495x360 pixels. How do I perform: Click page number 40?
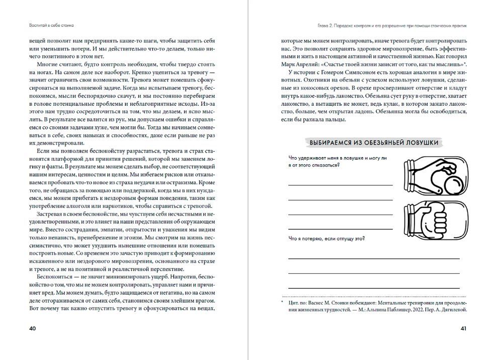(32, 328)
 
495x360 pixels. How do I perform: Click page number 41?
(463, 328)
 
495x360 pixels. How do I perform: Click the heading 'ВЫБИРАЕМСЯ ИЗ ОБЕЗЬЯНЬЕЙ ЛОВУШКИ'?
(374, 142)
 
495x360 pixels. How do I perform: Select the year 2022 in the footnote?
(416, 310)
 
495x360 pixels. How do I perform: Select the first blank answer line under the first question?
(341, 186)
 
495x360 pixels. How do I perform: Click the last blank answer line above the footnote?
(374, 287)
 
